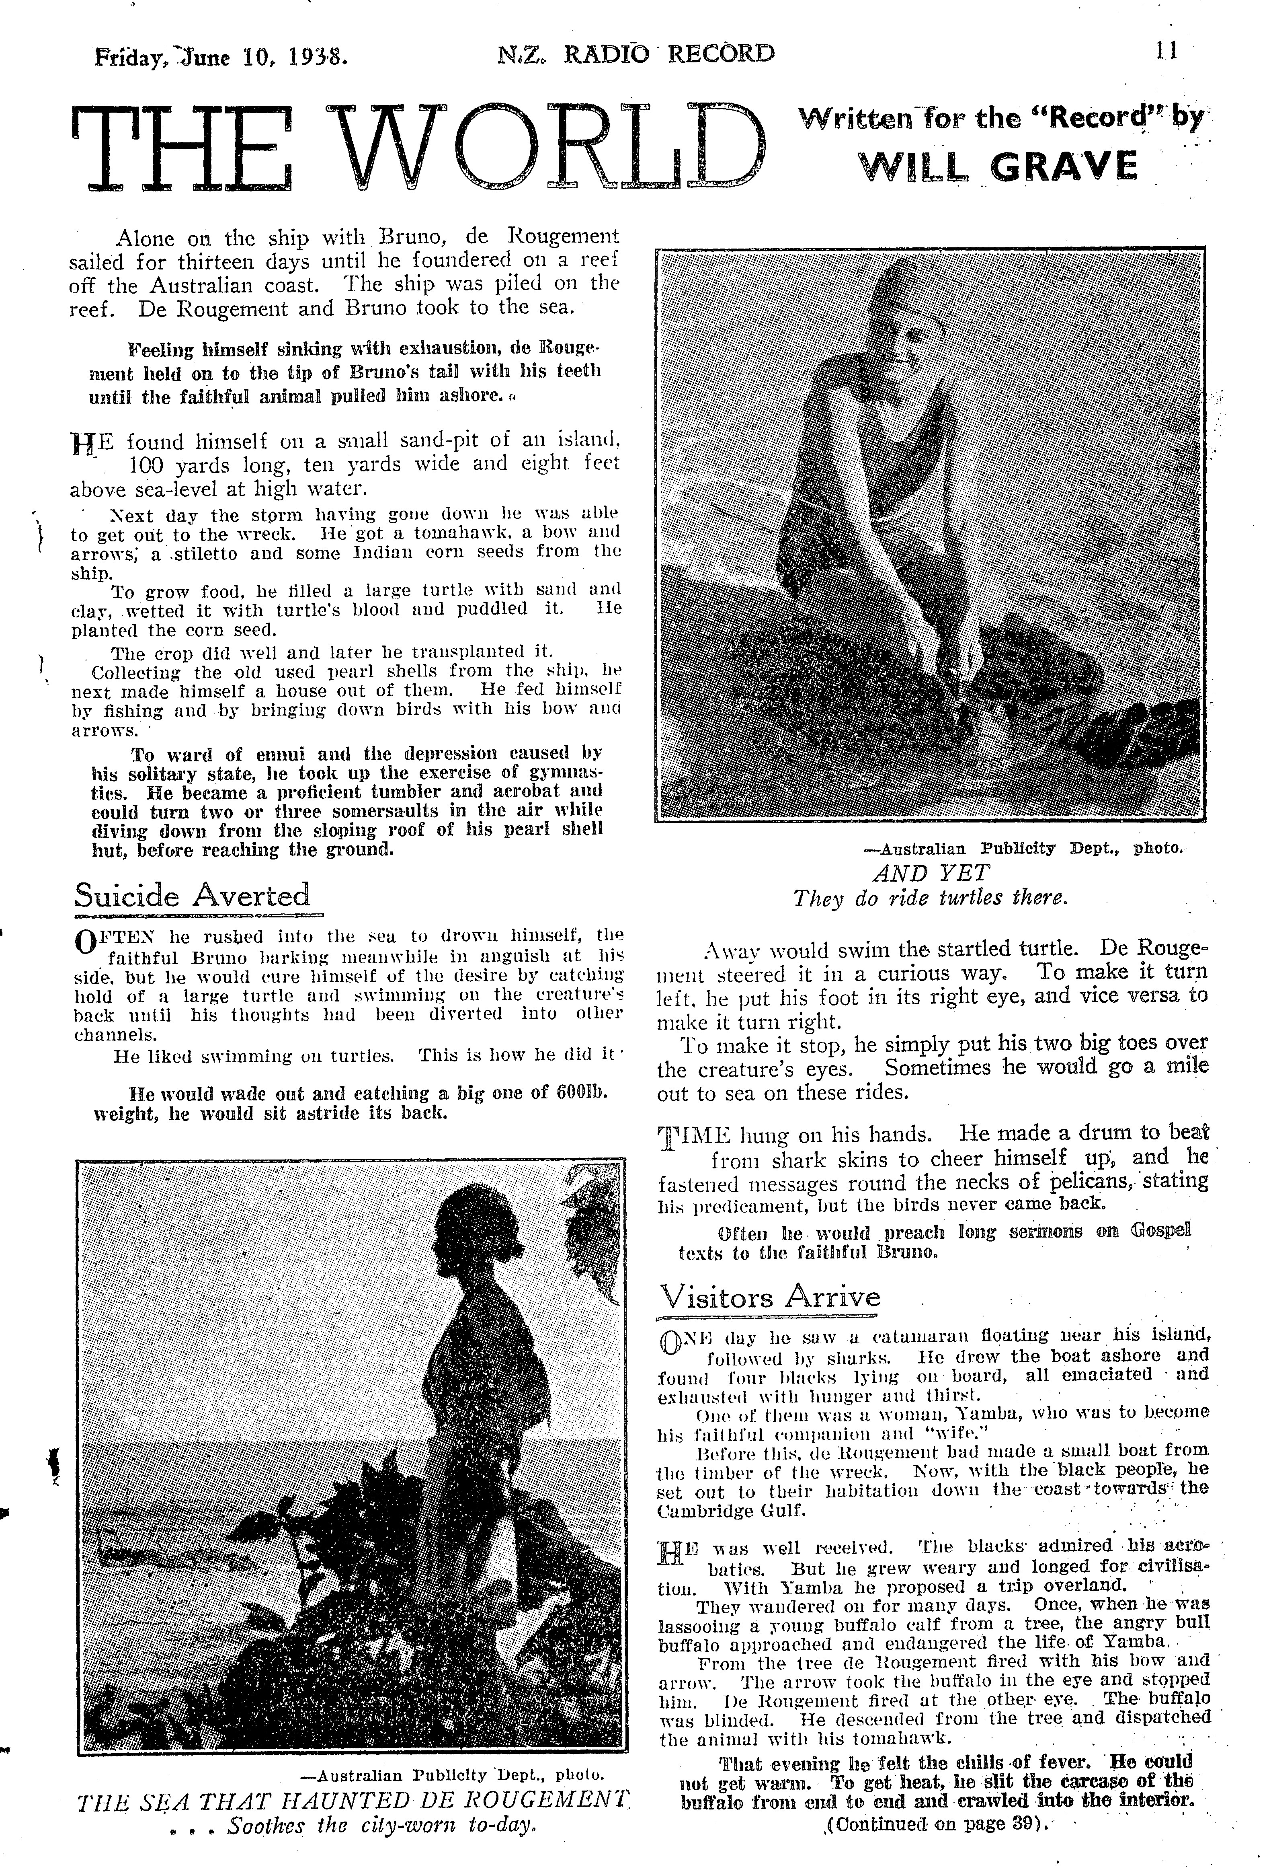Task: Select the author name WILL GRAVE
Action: click(x=998, y=167)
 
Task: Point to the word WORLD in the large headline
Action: click(x=547, y=147)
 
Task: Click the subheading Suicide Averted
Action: click(x=192, y=895)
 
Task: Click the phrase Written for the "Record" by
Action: click(x=1001, y=118)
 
